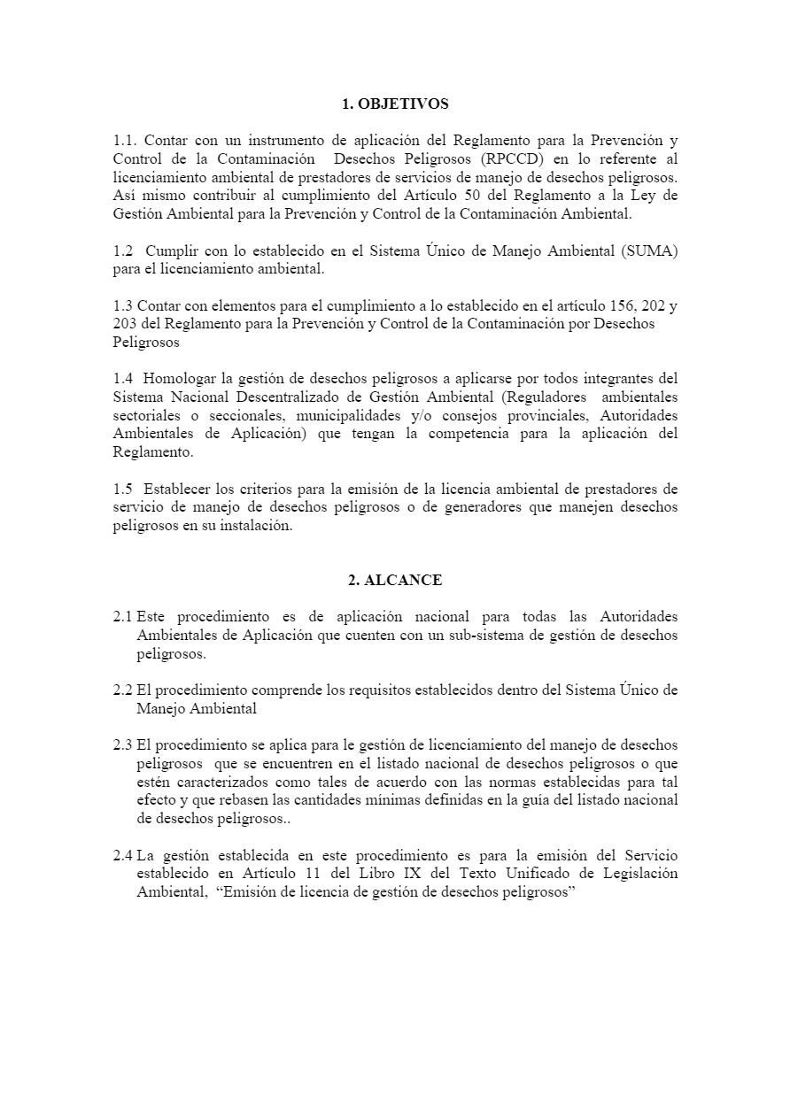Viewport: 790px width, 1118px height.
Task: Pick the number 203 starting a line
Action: (125, 324)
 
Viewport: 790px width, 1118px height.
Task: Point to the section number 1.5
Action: (124, 489)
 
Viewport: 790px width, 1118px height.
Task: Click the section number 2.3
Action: (123, 745)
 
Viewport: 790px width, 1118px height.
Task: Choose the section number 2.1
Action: (123, 616)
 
